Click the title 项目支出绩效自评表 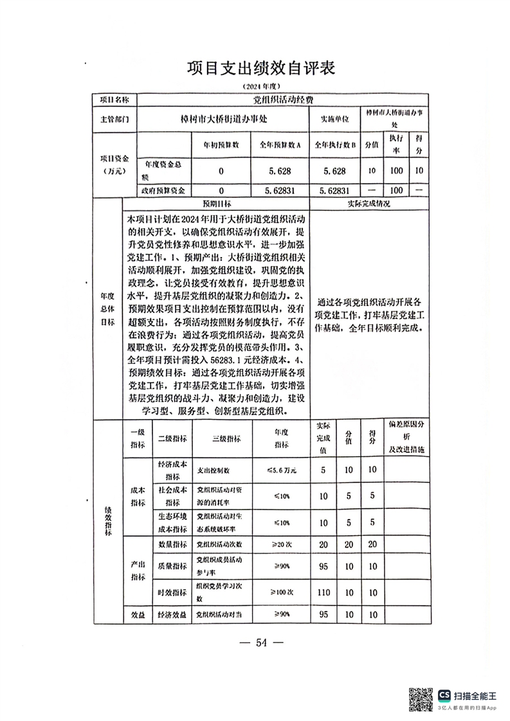tap(261, 69)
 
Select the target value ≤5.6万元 tap(282, 470)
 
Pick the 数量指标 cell tap(172, 545)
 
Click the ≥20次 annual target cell tap(282, 545)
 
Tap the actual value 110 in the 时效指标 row tap(323, 592)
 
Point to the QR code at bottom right tap(421, 699)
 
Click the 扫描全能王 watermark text tap(476, 695)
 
